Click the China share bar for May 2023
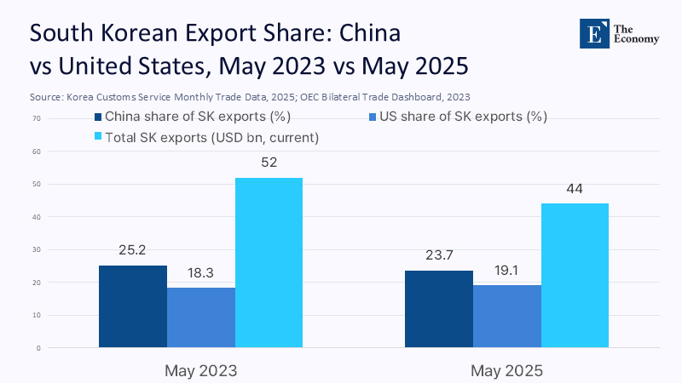(133, 306)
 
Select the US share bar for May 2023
(201, 317)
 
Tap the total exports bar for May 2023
(269, 262)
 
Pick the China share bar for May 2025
(438, 309)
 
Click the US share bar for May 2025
(506, 317)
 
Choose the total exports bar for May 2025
(575, 276)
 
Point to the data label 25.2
(133, 251)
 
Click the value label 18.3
(201, 273)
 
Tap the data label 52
(269, 163)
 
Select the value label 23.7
(438, 256)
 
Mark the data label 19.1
(506, 271)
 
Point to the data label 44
(575, 189)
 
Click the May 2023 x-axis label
(200, 371)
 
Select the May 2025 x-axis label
(506, 371)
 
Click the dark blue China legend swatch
(97, 117)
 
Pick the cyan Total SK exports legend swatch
(97, 136)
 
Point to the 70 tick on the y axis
(38, 118)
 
